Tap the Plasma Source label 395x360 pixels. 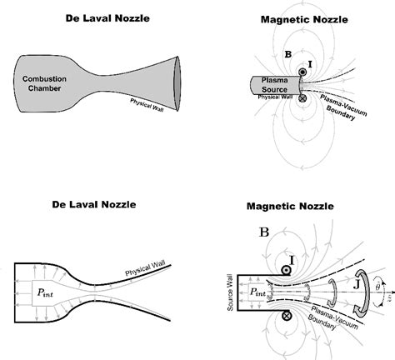(x=267, y=83)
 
